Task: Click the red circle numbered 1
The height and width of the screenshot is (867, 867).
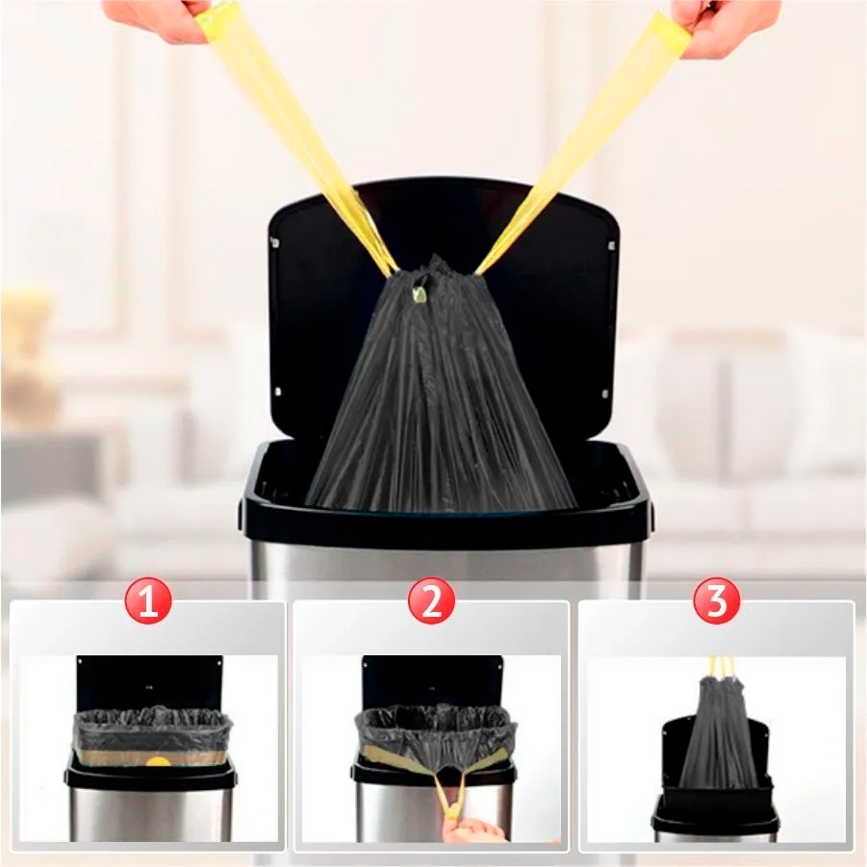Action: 147,601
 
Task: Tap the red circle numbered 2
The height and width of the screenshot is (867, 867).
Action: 431,601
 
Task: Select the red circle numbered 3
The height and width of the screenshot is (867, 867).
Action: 716,601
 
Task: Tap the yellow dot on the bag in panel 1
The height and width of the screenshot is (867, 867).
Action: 158,761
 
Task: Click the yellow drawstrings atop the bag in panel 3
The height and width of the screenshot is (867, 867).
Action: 722,667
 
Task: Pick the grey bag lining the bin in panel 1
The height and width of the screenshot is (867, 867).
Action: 151,735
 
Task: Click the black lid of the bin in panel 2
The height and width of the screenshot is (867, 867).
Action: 432,681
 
